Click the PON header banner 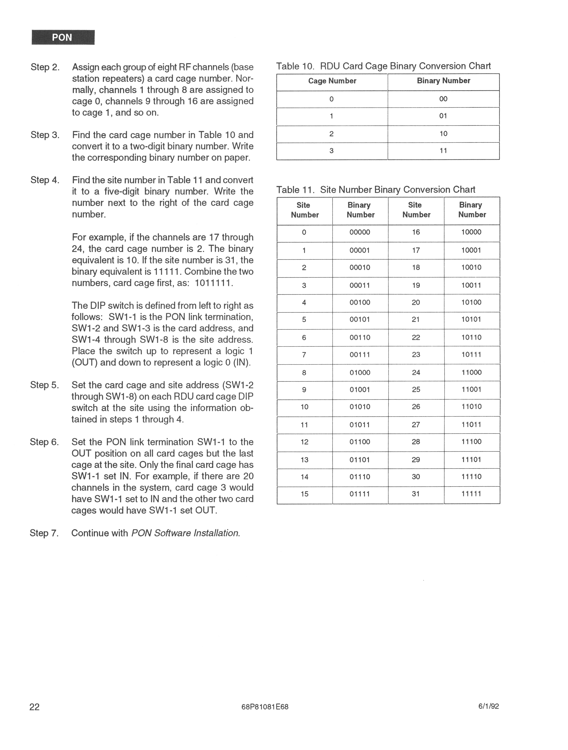tap(63, 37)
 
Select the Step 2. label tap(45, 67)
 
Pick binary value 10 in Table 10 tap(443, 134)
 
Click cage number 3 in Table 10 tap(331, 151)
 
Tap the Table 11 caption tap(375, 190)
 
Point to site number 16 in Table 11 tap(416, 232)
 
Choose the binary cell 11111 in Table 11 tap(471, 494)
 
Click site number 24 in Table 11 tap(416, 372)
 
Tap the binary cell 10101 tap(471, 319)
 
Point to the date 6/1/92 tap(488, 706)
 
